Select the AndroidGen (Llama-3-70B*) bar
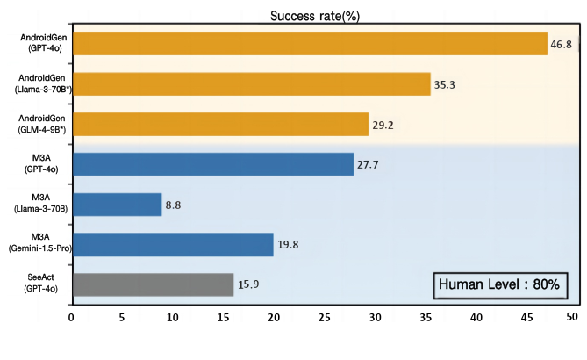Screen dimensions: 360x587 tap(251, 84)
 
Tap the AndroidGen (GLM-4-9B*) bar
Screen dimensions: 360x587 tap(220, 124)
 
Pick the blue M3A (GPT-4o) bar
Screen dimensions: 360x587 tap(213, 164)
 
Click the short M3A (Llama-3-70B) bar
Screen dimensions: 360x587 tap(117, 205)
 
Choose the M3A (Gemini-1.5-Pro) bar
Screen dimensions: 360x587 tap(173, 244)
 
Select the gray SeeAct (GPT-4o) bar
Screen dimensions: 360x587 tap(153, 284)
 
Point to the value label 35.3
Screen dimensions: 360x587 tap(446, 85)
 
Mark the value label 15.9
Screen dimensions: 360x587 tap(250, 285)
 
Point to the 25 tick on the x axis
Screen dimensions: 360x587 tap(324, 315)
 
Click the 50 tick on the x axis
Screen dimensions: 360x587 tap(573, 315)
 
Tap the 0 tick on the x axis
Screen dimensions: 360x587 tap(72, 315)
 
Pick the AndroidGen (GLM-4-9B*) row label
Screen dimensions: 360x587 tap(37, 125)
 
